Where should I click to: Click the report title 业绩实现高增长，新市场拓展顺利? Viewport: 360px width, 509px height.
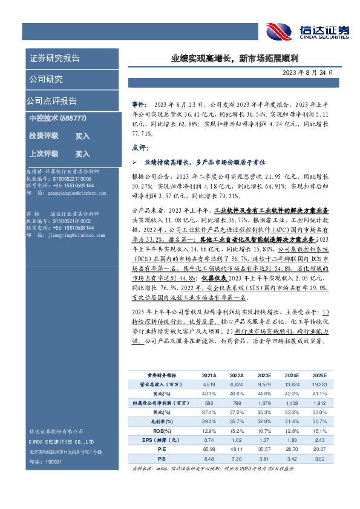(237, 59)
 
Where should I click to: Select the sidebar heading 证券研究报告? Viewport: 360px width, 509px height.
(54, 59)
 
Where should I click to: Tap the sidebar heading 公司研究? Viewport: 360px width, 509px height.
(46, 79)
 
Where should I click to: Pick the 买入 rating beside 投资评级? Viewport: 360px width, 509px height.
(82, 136)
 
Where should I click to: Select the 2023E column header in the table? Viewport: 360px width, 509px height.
(264, 375)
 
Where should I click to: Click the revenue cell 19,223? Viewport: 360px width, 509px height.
(318, 384)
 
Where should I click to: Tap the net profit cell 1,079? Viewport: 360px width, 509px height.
(264, 403)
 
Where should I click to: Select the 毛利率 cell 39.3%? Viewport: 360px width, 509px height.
(209, 421)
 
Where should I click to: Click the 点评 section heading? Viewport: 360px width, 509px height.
(138, 148)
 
